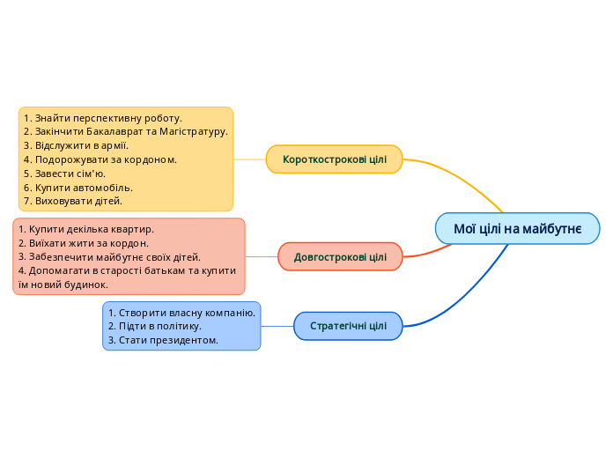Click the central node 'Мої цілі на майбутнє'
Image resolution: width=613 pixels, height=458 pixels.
(x=517, y=229)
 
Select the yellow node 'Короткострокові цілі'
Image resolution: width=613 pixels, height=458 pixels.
(x=334, y=159)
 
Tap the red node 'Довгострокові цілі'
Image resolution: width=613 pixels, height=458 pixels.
(x=340, y=257)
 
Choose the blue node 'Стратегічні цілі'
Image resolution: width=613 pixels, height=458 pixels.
(x=348, y=326)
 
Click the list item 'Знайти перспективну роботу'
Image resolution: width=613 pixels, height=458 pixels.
(x=103, y=117)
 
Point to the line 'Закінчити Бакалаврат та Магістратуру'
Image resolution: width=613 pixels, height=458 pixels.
(x=126, y=131)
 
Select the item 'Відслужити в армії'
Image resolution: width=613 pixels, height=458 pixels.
(x=77, y=145)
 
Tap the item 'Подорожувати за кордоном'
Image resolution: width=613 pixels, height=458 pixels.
(x=100, y=159)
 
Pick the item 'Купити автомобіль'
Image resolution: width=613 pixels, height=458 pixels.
(x=78, y=188)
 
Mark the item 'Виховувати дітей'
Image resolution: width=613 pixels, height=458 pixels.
(x=73, y=201)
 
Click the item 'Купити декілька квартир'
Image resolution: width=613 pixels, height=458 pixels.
(x=85, y=229)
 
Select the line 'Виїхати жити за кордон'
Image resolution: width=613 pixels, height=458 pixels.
(x=84, y=243)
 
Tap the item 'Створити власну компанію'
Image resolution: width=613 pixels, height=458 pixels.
(x=181, y=313)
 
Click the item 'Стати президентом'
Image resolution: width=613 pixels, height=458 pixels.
(x=163, y=340)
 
